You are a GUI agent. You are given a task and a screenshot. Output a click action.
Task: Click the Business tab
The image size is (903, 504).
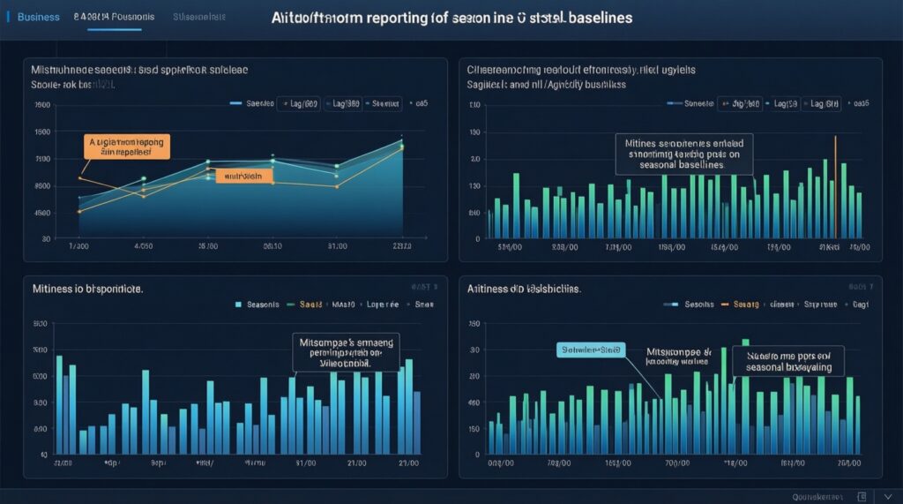38,17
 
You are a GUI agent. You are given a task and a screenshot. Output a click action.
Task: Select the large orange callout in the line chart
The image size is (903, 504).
128,146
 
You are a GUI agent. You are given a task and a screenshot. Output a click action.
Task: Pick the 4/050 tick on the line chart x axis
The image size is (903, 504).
143,246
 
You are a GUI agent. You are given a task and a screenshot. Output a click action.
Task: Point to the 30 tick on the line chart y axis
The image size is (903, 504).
43,238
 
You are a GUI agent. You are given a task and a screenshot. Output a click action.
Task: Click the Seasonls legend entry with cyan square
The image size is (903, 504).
258,304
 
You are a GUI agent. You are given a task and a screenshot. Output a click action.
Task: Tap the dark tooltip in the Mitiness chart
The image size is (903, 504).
345,350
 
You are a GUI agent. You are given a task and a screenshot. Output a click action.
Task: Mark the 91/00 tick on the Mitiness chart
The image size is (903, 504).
306,462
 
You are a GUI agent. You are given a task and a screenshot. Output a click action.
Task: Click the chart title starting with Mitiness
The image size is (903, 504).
87,289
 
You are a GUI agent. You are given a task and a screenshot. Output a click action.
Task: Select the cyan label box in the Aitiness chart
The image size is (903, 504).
590,350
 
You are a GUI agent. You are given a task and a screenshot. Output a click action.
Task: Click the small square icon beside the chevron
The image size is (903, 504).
862,496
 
